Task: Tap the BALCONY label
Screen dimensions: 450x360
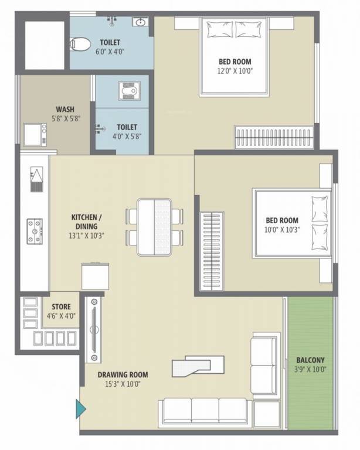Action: click(x=310, y=360)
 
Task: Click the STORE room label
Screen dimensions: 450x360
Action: click(x=61, y=306)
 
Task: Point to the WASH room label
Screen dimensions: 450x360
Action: click(x=64, y=109)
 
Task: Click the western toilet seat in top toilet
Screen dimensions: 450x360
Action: click(x=80, y=43)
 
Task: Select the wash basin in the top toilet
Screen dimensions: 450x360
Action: click(x=140, y=23)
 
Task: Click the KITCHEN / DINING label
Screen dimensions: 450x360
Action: click(x=84, y=221)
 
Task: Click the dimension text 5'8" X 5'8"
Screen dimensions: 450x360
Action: click(x=64, y=118)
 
